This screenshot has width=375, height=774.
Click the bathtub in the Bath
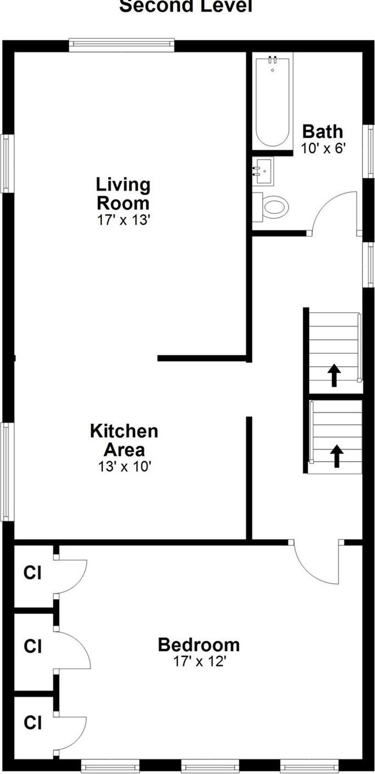(272, 102)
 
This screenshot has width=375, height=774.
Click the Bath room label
(323, 132)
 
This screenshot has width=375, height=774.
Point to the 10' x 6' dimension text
(323, 148)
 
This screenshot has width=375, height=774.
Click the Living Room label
(123, 193)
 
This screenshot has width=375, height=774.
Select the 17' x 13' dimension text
(123, 220)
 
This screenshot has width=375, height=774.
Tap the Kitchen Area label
(124, 440)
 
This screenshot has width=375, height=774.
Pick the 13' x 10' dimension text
(124, 466)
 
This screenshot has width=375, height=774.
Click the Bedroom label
(198, 644)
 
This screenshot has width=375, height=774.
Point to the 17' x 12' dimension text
(200, 661)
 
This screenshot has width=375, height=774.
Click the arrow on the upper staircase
(334, 376)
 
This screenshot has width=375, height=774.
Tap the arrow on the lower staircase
(336, 456)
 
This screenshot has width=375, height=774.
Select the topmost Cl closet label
(32, 573)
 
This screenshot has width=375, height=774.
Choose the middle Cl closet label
(32, 646)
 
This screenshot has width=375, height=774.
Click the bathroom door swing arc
(335, 212)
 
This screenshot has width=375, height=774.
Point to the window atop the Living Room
(122, 45)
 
